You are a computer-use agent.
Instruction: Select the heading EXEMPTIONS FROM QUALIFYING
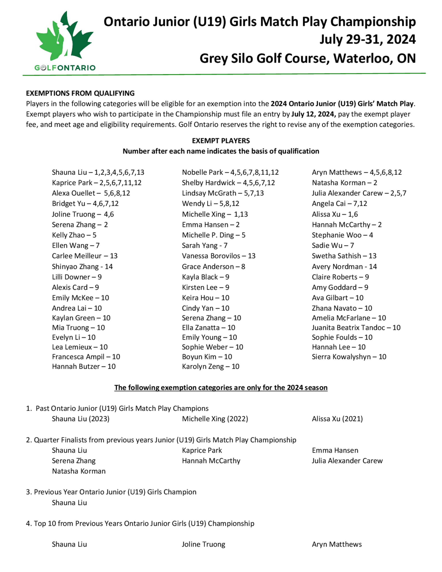pyautogui.click(x=80, y=93)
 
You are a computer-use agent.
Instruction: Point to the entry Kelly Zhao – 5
pyautogui.click(x=74, y=235)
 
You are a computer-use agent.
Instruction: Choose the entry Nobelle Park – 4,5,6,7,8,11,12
pyautogui.click(x=230, y=172)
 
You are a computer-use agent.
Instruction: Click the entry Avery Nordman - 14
pyautogui.click(x=344, y=267)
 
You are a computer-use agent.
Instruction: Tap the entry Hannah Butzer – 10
pyautogui.click(x=84, y=366)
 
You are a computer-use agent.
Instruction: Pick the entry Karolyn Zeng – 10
pyautogui.click(x=211, y=366)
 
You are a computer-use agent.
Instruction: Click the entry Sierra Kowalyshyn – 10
pyautogui.click(x=349, y=357)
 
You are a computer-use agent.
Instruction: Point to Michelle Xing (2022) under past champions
pyautogui.click(x=215, y=419)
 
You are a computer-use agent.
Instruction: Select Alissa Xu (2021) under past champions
pyautogui.click(x=337, y=419)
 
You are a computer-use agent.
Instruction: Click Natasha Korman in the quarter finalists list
pyautogui.click(x=78, y=471)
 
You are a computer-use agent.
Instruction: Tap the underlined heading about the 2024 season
pyautogui.click(x=221, y=388)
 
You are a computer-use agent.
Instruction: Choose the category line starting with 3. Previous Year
pyautogui.click(x=111, y=492)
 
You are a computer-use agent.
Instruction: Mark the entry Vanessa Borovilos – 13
pyautogui.click(x=218, y=256)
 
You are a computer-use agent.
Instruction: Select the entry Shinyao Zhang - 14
pyautogui.click(x=82, y=267)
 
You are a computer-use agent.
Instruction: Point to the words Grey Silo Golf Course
pyautogui.click(x=264, y=58)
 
